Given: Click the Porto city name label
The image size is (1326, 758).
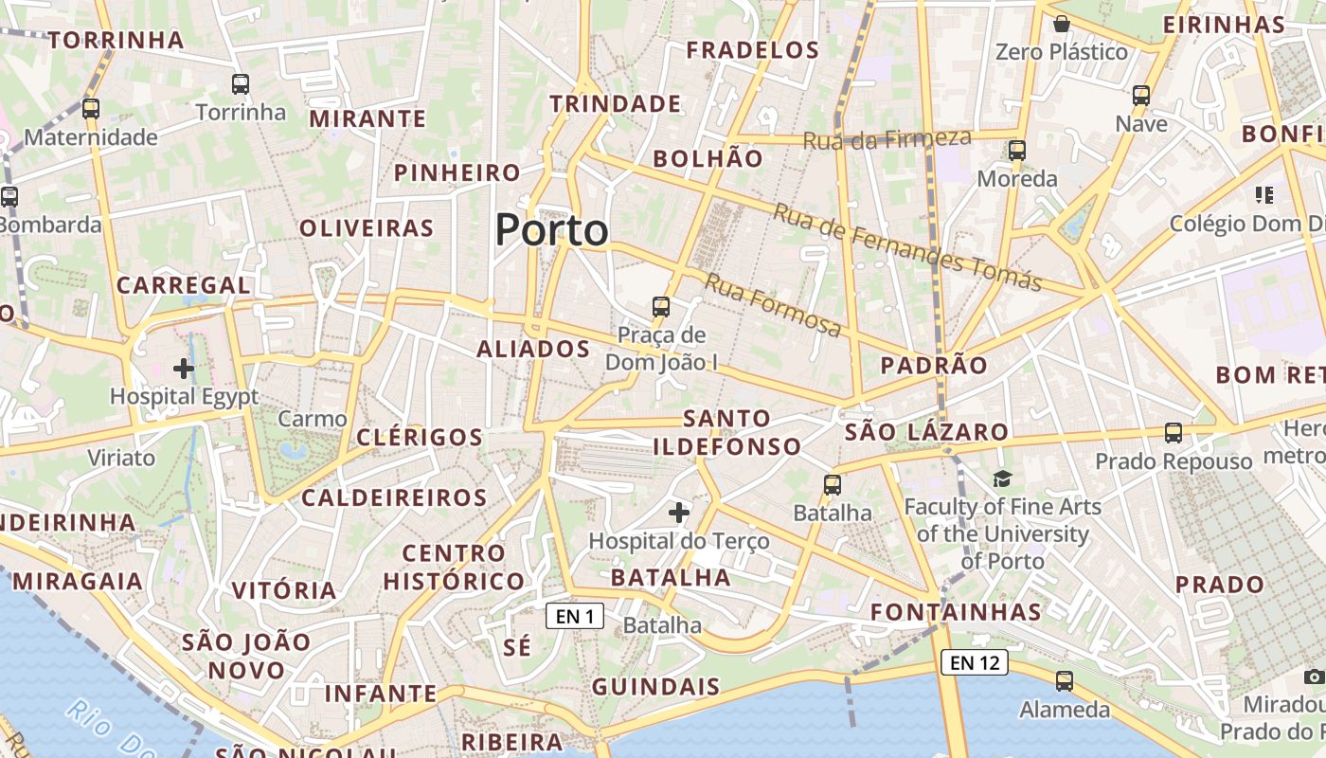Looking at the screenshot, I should [x=551, y=230].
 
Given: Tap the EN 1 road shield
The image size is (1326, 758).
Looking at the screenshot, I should [x=575, y=617].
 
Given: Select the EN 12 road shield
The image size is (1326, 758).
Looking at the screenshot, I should [x=974, y=662].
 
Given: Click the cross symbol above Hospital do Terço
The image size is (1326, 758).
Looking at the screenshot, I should [x=679, y=514].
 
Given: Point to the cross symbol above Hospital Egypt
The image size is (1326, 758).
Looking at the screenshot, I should [x=184, y=368].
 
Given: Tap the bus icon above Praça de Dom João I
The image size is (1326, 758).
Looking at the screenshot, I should [x=661, y=307].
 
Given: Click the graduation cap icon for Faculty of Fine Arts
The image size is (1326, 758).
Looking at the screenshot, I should [x=1002, y=479].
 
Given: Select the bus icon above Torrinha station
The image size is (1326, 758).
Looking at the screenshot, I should [x=241, y=84].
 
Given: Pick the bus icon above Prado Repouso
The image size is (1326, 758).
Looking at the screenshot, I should [x=1174, y=433].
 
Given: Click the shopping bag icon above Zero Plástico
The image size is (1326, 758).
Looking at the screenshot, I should [x=1062, y=24].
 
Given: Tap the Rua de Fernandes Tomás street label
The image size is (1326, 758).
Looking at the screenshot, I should [x=907, y=247].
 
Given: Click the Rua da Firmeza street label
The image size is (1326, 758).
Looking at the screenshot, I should [x=887, y=139].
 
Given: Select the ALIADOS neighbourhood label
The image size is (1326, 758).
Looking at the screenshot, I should [x=533, y=349].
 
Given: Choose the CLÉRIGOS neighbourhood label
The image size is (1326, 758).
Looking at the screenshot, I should [x=420, y=437].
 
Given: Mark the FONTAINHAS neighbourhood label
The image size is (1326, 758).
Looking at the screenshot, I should [x=956, y=612].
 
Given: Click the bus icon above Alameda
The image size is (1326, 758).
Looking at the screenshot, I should [x=1065, y=681].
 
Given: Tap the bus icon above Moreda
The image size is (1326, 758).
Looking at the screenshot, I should [x=1017, y=151].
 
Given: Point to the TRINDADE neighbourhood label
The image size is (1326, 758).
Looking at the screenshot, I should [x=616, y=103].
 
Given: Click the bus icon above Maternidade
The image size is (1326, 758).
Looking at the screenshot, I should [x=91, y=109].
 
